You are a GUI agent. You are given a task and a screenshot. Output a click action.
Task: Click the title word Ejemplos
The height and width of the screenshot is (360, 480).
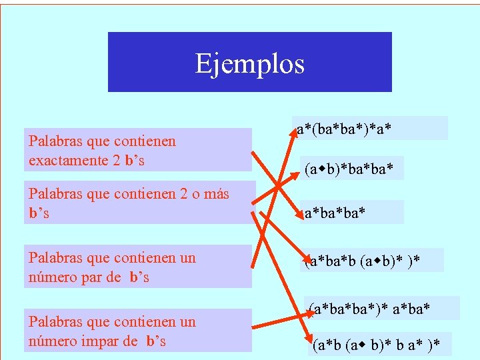(250, 64)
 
